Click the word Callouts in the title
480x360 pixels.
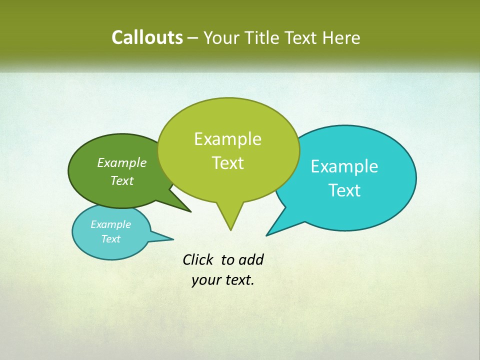[x=147, y=37]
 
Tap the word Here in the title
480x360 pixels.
[x=341, y=38]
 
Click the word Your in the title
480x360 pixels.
[x=221, y=38]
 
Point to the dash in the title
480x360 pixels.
[x=192, y=38]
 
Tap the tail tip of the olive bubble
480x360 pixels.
[x=230, y=230]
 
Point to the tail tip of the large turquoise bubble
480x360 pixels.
[x=266, y=235]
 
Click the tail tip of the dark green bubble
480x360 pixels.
[x=190, y=211]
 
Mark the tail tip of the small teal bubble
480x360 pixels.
[x=173, y=238]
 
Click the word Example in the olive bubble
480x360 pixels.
[x=227, y=139]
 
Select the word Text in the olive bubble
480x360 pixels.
[x=227, y=163]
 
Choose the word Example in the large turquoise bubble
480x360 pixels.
[x=344, y=166]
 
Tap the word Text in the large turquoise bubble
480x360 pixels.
[x=344, y=190]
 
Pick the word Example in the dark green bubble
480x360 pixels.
[x=121, y=163]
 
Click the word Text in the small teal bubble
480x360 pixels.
[x=110, y=239]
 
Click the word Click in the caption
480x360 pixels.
[x=198, y=259]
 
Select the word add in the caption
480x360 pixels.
[x=250, y=259]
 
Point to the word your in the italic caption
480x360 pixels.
[x=205, y=280]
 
